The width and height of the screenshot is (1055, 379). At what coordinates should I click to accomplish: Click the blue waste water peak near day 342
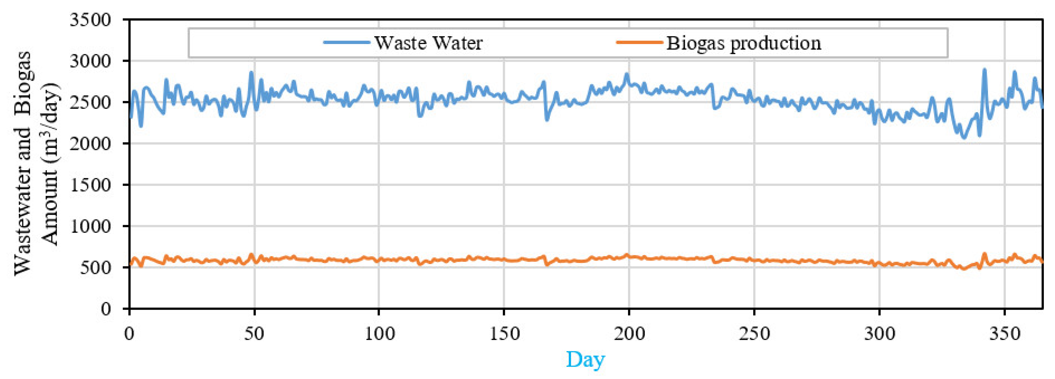(984, 70)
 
